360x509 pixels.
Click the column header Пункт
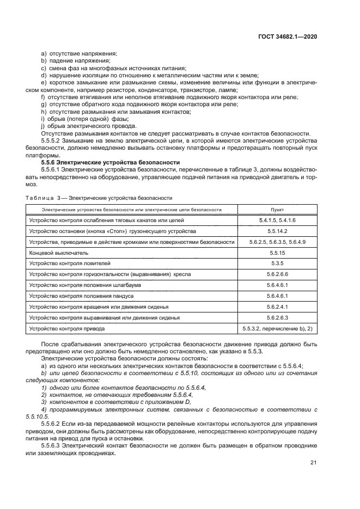(277, 209)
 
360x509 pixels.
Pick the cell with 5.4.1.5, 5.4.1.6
(277, 220)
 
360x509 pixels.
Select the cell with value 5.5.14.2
(277, 231)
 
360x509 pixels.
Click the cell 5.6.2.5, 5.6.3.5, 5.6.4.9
(277, 242)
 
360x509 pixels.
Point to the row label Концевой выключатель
(55, 253)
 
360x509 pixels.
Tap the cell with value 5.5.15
(277, 253)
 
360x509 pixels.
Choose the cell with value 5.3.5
(277, 263)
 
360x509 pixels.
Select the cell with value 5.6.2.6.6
(277, 274)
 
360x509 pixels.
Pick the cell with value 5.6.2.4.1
(277, 307)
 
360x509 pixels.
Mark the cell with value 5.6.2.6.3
(277, 318)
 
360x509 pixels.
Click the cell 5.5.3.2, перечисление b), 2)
(277, 329)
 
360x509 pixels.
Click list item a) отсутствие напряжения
(80, 53)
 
